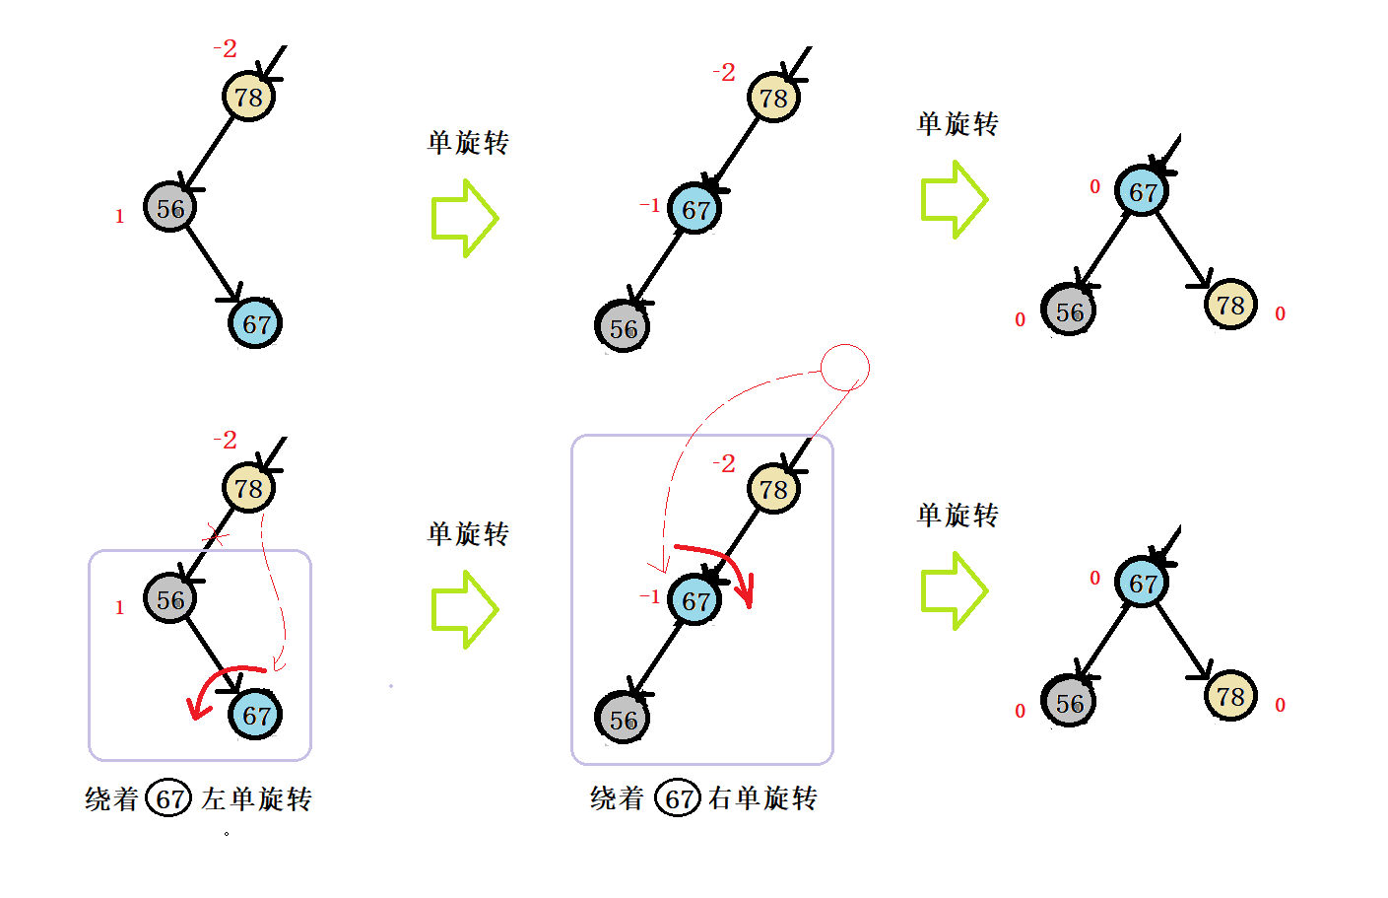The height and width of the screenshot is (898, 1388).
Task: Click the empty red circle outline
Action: click(x=845, y=368)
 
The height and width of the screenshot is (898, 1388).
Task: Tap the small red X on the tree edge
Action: click(x=216, y=538)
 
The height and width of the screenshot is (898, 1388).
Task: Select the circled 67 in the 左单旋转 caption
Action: click(x=168, y=798)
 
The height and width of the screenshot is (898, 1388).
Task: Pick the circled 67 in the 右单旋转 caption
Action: click(x=679, y=798)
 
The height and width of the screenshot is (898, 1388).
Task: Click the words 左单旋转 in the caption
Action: click(x=257, y=798)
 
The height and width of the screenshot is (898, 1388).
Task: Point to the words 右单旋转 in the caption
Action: click(x=763, y=798)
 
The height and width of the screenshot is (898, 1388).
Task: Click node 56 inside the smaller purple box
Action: click(x=169, y=599)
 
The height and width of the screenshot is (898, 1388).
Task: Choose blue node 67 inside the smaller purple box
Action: click(x=256, y=715)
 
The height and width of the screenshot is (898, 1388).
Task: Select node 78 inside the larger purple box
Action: click(x=773, y=489)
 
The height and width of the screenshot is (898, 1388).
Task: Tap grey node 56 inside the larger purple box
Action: click(x=623, y=719)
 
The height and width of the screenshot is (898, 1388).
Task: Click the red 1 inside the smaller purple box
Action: click(x=120, y=608)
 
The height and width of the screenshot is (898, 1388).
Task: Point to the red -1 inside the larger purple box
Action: click(x=649, y=596)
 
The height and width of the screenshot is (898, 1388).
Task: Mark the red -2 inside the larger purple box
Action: click(x=724, y=463)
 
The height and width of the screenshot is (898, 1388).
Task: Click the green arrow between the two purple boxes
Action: click(x=464, y=610)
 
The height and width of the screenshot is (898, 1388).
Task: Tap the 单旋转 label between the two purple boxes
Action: click(x=468, y=534)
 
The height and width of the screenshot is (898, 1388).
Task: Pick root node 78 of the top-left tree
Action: click(x=248, y=97)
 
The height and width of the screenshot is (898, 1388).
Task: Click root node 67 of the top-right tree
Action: click(x=1142, y=191)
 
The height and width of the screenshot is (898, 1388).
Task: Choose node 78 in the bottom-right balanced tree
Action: click(x=1230, y=697)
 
